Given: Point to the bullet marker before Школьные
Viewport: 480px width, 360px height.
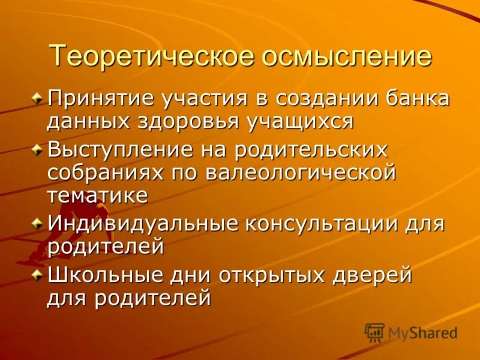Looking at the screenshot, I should point(38,275).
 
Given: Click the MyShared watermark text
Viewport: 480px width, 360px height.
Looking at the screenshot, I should point(422,332).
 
